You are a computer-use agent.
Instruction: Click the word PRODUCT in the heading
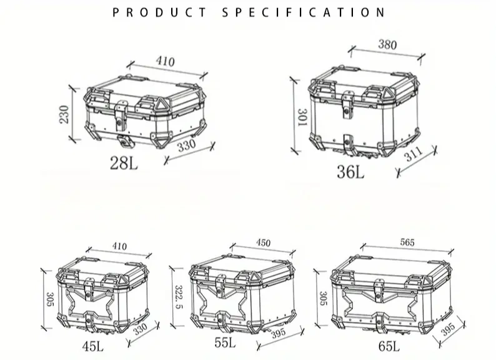pos(159,12)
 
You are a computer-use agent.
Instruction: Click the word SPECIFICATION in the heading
pos(304,12)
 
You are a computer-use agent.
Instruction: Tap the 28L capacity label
pos(124,164)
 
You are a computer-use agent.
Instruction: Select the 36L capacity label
pos(350,171)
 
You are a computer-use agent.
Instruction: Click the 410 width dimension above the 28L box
pos(165,62)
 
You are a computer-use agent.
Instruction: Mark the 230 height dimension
pos(64,114)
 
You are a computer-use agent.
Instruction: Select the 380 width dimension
pos(387,44)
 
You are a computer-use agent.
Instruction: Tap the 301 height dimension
pos(301,118)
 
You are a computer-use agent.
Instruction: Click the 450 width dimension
pos(263,242)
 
